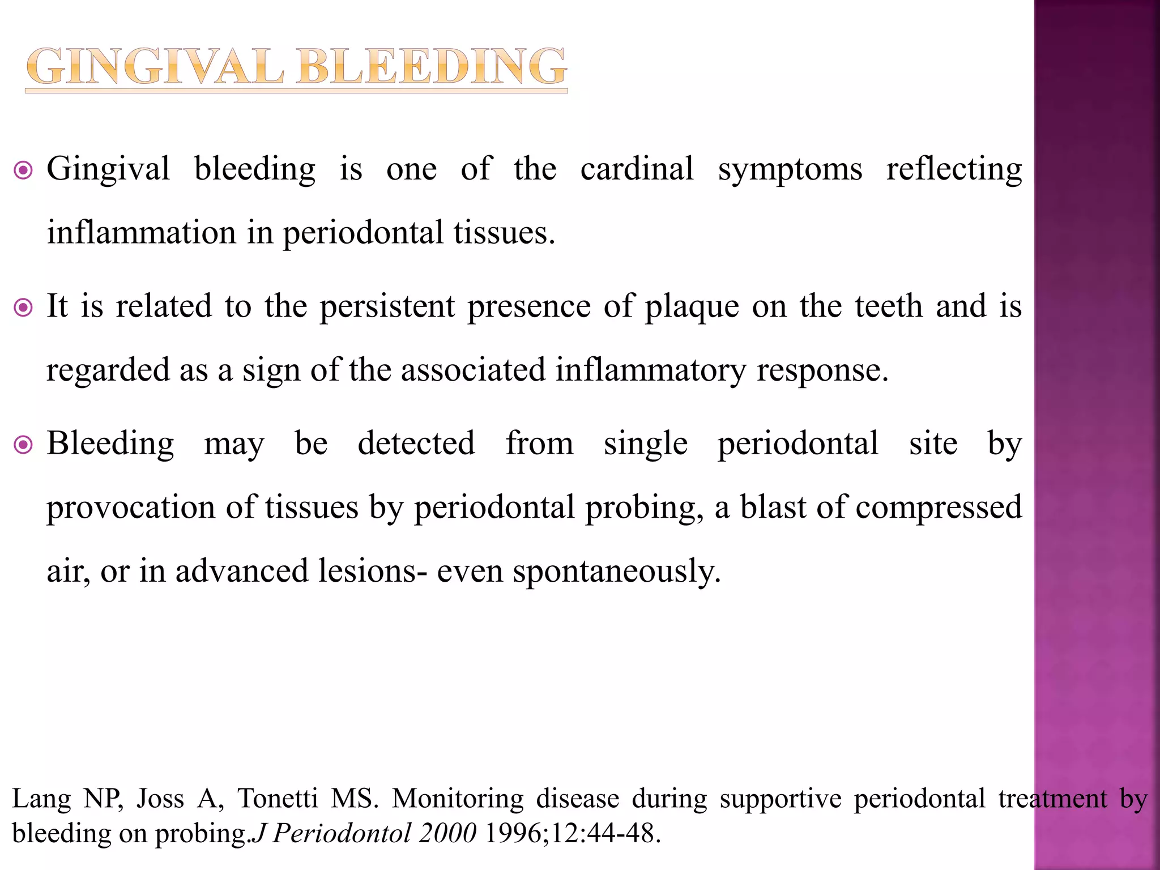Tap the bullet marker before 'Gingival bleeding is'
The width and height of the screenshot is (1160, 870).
pos(23,170)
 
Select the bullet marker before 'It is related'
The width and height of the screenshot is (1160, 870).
pos(23,308)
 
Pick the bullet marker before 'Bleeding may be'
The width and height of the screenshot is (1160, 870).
pos(23,445)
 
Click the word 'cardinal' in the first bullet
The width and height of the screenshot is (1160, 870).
pos(637,169)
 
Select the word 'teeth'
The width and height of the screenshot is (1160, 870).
pos(889,306)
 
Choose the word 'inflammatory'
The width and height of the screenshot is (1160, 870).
pos(651,370)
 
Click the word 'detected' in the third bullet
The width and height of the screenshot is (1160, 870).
pos(416,443)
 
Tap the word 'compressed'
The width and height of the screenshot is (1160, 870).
pos(939,507)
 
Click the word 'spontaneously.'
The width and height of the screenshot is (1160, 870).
pos(617,572)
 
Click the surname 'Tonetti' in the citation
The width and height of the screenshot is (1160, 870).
pos(278,799)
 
